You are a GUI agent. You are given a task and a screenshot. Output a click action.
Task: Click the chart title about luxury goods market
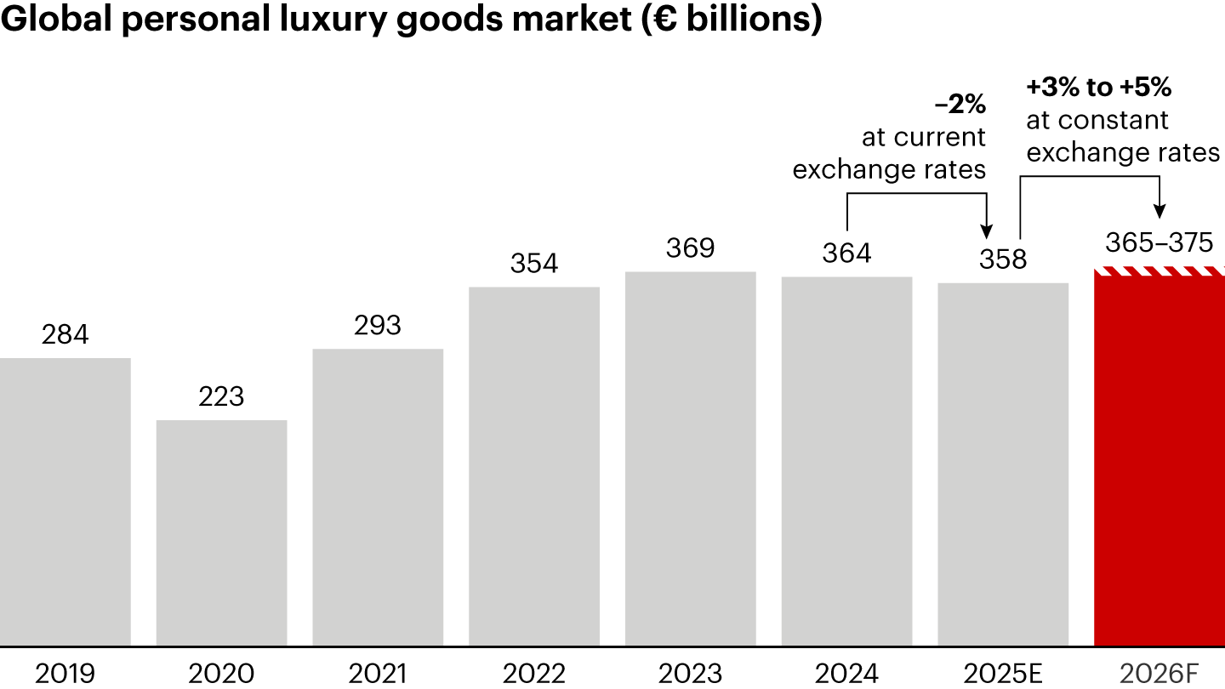412,20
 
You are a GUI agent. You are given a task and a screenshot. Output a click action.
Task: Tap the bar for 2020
221,532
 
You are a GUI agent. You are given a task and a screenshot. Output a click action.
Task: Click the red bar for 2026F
1159,464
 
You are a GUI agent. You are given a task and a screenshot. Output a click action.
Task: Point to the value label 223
221,396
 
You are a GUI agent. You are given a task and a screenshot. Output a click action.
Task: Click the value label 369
691,248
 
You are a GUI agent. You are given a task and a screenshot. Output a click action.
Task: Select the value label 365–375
1159,242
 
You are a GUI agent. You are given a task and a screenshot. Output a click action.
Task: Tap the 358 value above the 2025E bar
1003,259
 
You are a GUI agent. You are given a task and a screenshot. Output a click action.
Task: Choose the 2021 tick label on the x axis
378,674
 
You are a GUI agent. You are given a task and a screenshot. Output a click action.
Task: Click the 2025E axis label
1003,674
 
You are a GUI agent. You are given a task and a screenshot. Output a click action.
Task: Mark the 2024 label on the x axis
846,674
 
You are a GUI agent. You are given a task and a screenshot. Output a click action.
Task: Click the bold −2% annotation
960,105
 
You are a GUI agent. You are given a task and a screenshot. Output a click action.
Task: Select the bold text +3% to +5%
1098,87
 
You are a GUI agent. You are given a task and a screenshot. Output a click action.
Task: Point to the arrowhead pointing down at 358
987,231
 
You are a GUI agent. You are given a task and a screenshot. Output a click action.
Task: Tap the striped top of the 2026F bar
1159,270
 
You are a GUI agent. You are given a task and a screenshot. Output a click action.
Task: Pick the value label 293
378,325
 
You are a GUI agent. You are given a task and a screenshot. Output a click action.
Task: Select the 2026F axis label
1159,674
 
